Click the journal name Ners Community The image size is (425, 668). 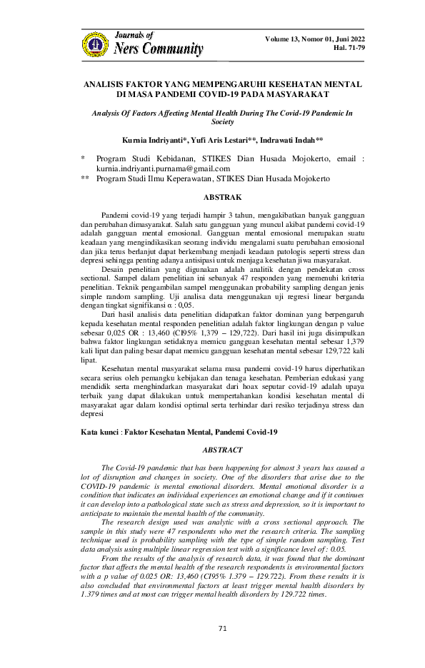click(159, 49)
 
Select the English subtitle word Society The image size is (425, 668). click(213, 122)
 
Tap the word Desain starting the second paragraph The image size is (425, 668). click(114, 270)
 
